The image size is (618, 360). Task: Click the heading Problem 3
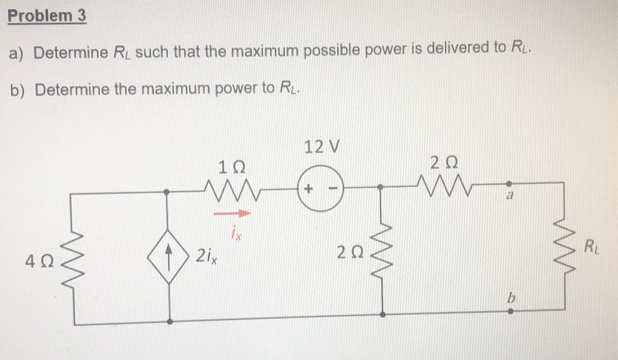(47, 16)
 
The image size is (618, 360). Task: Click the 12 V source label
(321, 147)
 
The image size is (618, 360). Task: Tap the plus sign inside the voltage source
(308, 189)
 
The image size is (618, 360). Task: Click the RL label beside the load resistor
(591, 248)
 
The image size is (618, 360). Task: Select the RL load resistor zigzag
(565, 248)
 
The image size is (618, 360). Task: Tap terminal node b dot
(510, 311)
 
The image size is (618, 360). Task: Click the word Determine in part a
(71, 52)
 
